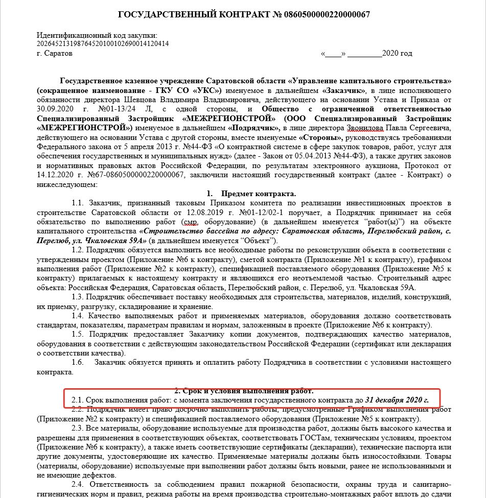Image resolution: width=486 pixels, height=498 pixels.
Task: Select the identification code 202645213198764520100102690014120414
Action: pyautogui.click(x=103, y=44)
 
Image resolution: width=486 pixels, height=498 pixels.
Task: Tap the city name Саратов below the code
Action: pyautogui.click(x=58, y=53)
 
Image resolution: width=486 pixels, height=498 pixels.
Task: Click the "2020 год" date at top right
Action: pyautogui.click(x=398, y=53)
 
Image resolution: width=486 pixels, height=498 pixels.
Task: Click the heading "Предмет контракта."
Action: pyautogui.click(x=258, y=194)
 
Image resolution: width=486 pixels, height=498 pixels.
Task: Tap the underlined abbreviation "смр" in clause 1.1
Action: pyautogui.click(x=188, y=222)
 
